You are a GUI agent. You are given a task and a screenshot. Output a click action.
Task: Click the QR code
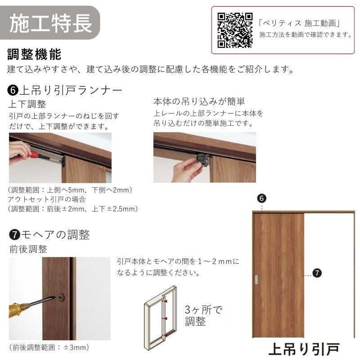coord(235,30)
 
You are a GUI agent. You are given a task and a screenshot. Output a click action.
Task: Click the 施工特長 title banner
coord(50,23)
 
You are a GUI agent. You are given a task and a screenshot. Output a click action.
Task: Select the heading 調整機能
coord(35,54)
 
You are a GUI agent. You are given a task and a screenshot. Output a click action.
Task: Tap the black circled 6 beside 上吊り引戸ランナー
coord(13,90)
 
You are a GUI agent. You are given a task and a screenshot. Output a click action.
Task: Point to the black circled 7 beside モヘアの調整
coord(14,235)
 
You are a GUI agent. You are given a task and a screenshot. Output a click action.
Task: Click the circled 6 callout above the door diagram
coord(262,198)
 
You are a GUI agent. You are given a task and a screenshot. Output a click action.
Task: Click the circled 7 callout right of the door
coord(317,273)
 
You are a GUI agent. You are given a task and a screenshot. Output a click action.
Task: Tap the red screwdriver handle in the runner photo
coord(35,154)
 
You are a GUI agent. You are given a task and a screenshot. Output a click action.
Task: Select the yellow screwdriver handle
coord(19,308)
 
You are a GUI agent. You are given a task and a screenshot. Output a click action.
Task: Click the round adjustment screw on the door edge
coord(61,297)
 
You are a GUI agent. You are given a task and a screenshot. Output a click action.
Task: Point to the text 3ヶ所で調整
coord(203,315)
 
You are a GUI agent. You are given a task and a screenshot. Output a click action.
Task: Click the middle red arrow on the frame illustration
coord(165,319)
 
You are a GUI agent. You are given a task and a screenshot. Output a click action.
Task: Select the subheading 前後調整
coord(28,249)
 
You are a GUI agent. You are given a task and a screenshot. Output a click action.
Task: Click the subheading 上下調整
coord(27,104)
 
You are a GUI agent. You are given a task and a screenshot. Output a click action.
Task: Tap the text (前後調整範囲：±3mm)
coord(49,347)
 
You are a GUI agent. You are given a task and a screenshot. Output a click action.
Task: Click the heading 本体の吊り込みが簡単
coord(199,101)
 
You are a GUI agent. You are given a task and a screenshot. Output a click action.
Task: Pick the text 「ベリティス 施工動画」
coord(299,23)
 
